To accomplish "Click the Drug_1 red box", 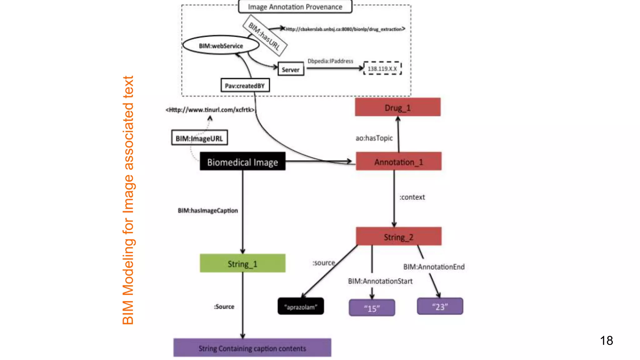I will [397, 107].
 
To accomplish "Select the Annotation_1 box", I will [398, 162].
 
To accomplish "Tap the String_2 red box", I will [398, 237].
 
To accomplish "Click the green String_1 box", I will [242, 263].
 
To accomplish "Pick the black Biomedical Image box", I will [242, 162].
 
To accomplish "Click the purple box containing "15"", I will [372, 308].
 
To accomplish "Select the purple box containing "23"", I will [440, 306].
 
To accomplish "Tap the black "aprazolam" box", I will [301, 306].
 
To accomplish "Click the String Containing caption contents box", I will [252, 348].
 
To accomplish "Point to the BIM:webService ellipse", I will [221, 45].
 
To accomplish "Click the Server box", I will [291, 69].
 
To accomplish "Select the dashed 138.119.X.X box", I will [382, 68].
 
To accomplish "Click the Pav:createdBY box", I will [245, 85].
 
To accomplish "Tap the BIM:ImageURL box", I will [199, 138].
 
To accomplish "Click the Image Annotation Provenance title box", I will [295, 7].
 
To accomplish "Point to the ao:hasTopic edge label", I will [374, 138].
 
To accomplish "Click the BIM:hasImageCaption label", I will [208, 210].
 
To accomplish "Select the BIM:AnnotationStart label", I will [380, 281].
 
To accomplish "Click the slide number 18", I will [606, 340].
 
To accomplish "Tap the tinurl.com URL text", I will [210, 110].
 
